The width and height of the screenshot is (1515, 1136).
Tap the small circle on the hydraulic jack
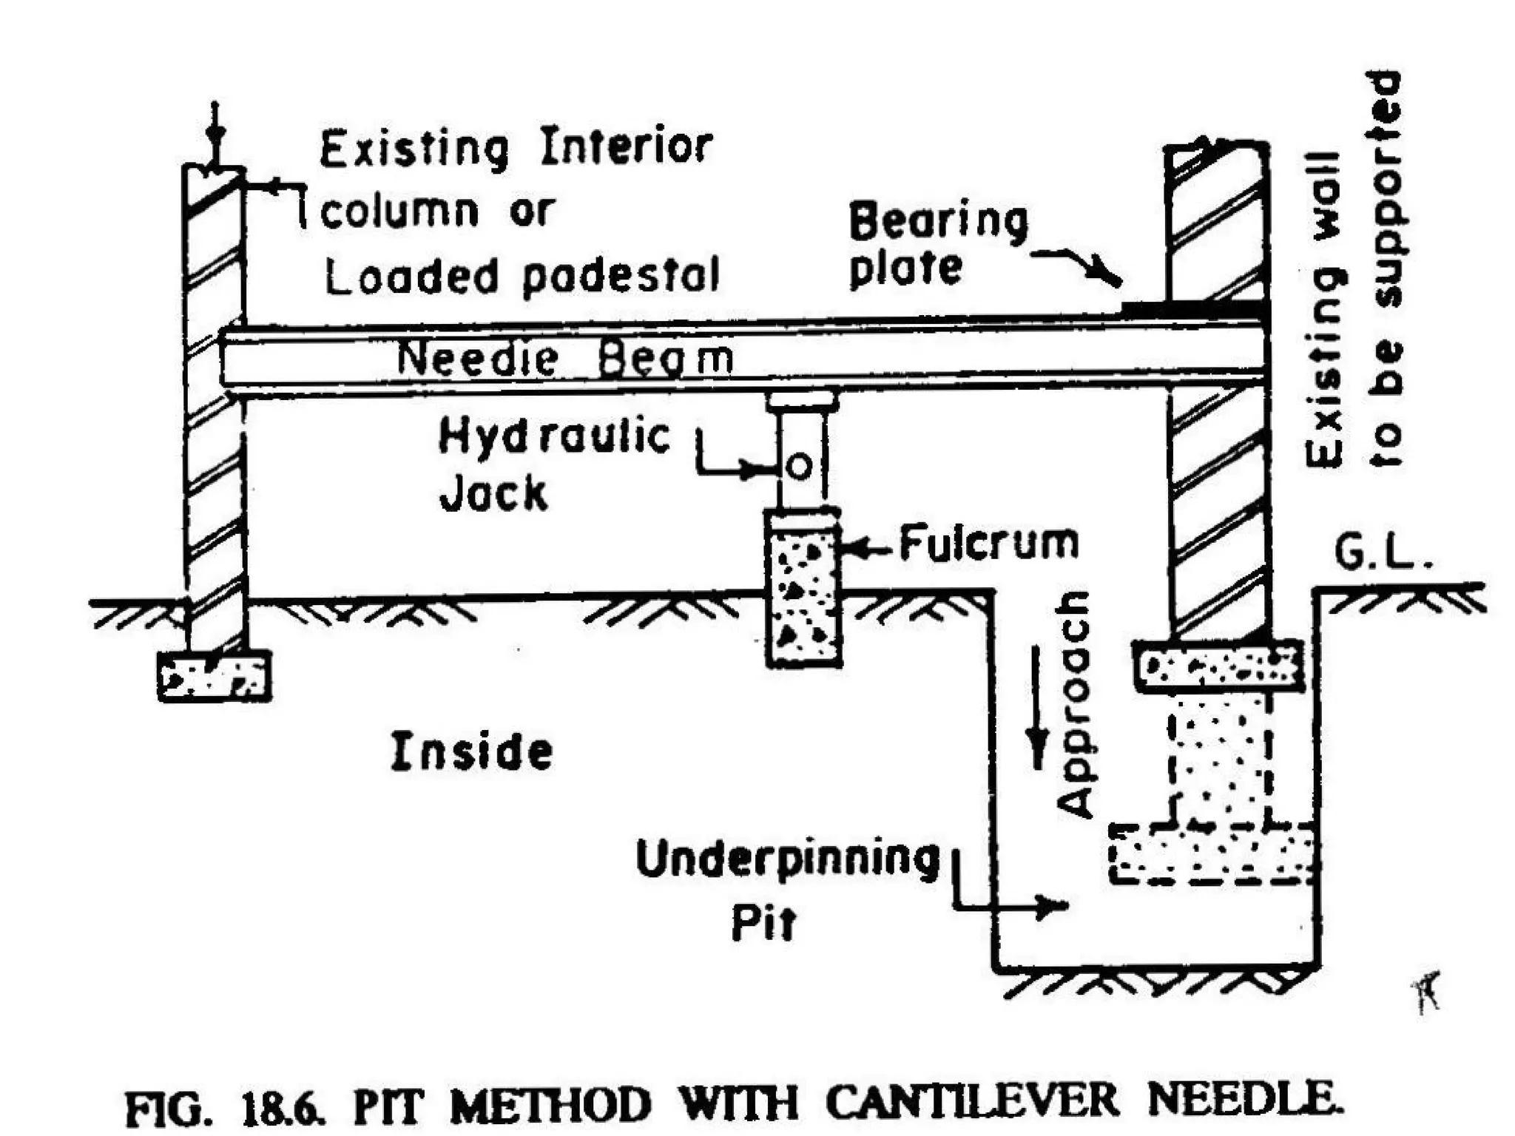[x=799, y=467]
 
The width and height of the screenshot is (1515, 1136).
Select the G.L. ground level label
[x=1383, y=554]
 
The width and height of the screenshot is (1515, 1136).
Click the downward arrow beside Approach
[x=1038, y=710]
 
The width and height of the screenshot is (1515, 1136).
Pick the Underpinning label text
[x=788, y=860]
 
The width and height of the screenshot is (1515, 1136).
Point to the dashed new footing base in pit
[x=1212, y=853]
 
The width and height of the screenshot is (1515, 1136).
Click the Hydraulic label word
[x=555, y=436]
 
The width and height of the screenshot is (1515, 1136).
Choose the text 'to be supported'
[x=1385, y=270]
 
